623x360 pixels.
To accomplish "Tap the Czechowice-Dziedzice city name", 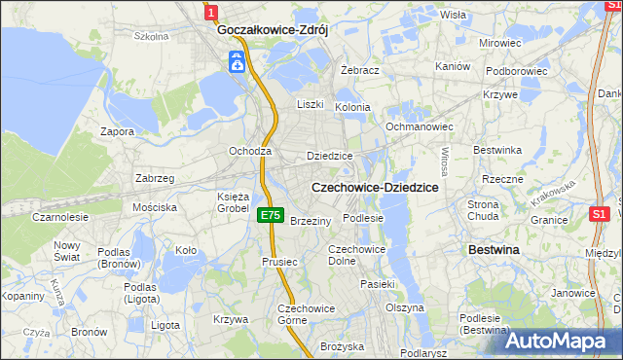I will coord(375,186).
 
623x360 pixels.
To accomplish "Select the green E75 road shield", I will coord(272,216).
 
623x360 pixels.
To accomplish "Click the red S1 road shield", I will coord(601,213).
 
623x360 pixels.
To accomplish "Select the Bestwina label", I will coord(494,250).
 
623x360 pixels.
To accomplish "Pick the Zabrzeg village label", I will coord(155,178).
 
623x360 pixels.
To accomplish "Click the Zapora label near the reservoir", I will coord(118,130).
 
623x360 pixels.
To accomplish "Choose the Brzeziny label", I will coord(311,221).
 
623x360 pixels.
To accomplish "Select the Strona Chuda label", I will coord(484,210).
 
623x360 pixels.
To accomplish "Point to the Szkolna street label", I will coord(152,36).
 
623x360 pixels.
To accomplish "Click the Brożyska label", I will coord(342,346).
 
